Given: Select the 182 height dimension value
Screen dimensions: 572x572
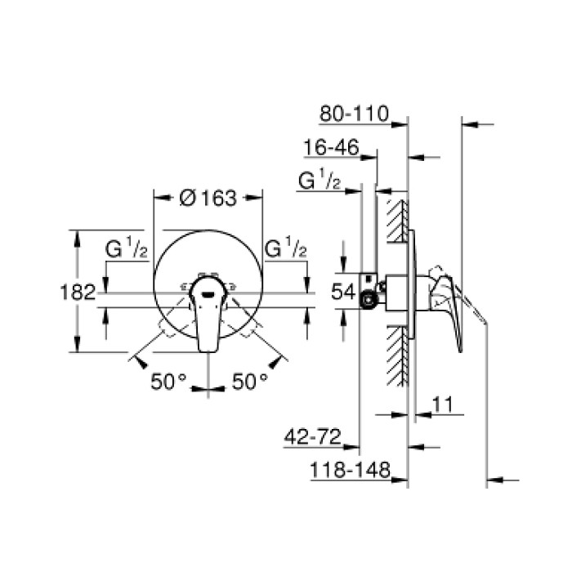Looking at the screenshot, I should (78, 292).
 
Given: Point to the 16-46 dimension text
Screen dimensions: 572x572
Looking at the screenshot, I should (330, 148).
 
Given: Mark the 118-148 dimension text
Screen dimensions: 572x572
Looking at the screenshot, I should (349, 471).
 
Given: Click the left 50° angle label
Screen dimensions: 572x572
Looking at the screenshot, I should (168, 381).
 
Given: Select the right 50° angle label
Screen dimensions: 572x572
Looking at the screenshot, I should (248, 381).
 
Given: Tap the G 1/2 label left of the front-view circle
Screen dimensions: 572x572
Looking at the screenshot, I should (126, 248).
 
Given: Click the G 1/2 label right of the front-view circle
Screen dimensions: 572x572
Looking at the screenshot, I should (286, 248).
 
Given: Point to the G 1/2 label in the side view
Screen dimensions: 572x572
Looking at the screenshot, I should (320, 182).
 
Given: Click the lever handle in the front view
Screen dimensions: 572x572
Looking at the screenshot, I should (206, 315).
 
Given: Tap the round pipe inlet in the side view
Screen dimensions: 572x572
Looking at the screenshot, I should (369, 300).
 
